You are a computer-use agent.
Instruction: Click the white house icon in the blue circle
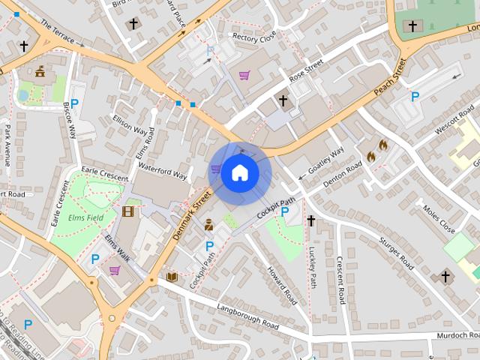[239, 172]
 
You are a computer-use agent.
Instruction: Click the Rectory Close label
[254, 36]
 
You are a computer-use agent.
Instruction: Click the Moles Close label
[439, 218]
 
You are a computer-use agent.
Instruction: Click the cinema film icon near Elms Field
[127, 211]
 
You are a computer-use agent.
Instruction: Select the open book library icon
[172, 277]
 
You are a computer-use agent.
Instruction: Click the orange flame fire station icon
[376, 151]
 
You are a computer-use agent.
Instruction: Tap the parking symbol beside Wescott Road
[415, 96]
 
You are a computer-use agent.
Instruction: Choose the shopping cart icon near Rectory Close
[244, 75]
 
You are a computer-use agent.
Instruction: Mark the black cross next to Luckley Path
[310, 220]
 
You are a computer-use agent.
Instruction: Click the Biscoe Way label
[70, 120]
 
